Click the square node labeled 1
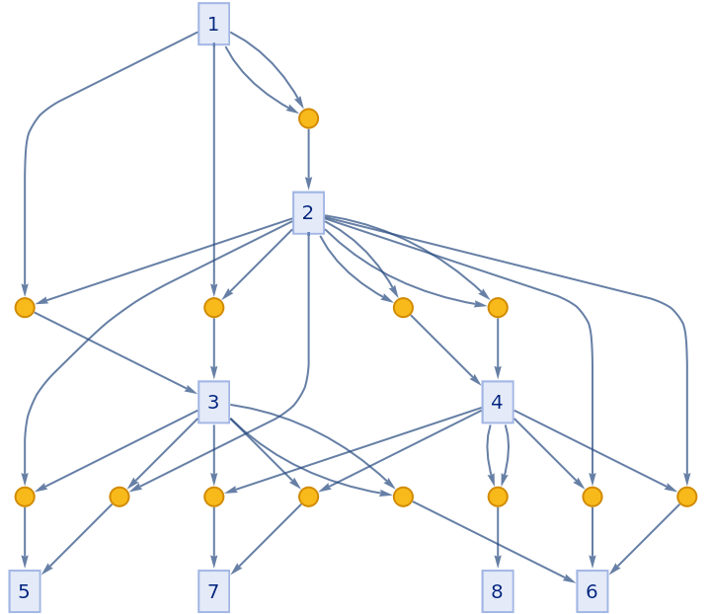pos(213,24)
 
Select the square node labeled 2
pos(308,212)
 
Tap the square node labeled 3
pos(213,402)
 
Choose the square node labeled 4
pos(497,402)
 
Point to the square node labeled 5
pos(25,591)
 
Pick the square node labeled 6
pos(592,591)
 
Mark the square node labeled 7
pos(213,591)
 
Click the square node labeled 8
pos(497,591)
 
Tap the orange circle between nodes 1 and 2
pos(308,118)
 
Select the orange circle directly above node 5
pos(25,497)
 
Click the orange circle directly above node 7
pos(213,497)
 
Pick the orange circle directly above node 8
pos(497,497)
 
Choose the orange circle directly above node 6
pos(592,497)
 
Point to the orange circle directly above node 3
pos(213,308)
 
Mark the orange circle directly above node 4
pos(497,308)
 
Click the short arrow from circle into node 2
pos(308,158)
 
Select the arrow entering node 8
pos(497,538)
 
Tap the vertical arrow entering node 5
pos(25,538)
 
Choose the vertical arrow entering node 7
pos(213,538)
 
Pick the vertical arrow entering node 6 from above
pos(592,538)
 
